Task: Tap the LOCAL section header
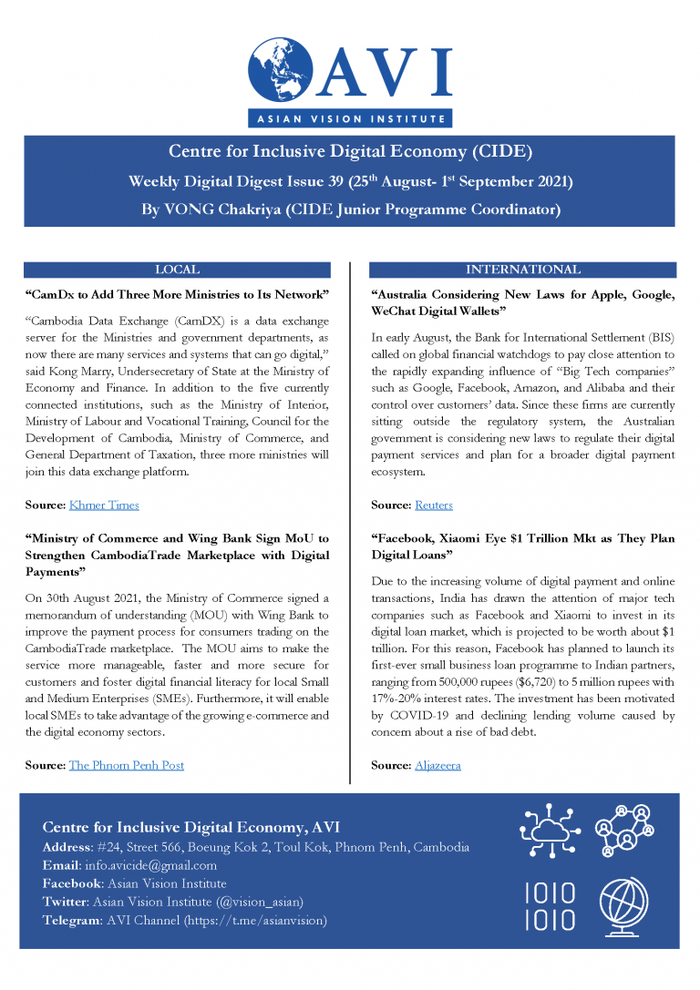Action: [177, 270]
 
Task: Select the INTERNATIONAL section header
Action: [522, 270]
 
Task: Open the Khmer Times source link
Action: [104, 505]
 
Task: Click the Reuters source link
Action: [434, 505]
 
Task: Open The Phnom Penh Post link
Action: [127, 765]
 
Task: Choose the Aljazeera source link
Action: [437, 765]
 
